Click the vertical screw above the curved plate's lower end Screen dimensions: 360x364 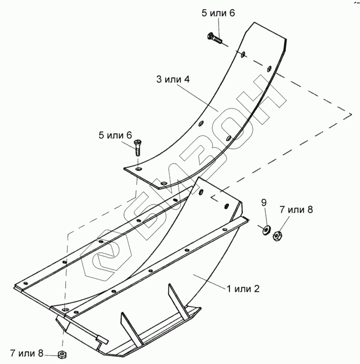(138, 146)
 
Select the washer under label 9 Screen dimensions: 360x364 (265, 229)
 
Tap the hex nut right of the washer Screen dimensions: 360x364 (278, 235)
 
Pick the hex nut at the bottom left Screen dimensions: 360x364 (62, 354)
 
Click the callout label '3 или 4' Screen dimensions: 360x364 (173, 79)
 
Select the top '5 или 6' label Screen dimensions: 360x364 (218, 13)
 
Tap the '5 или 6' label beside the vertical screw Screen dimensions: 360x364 (115, 135)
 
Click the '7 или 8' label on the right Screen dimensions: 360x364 (296, 210)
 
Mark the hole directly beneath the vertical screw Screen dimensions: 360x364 (138, 169)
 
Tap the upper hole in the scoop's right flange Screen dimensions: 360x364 (201, 192)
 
